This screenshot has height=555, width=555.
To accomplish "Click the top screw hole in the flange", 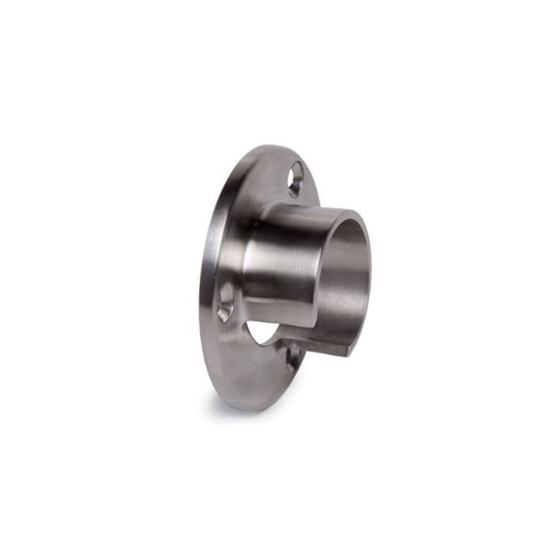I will (297, 179).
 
